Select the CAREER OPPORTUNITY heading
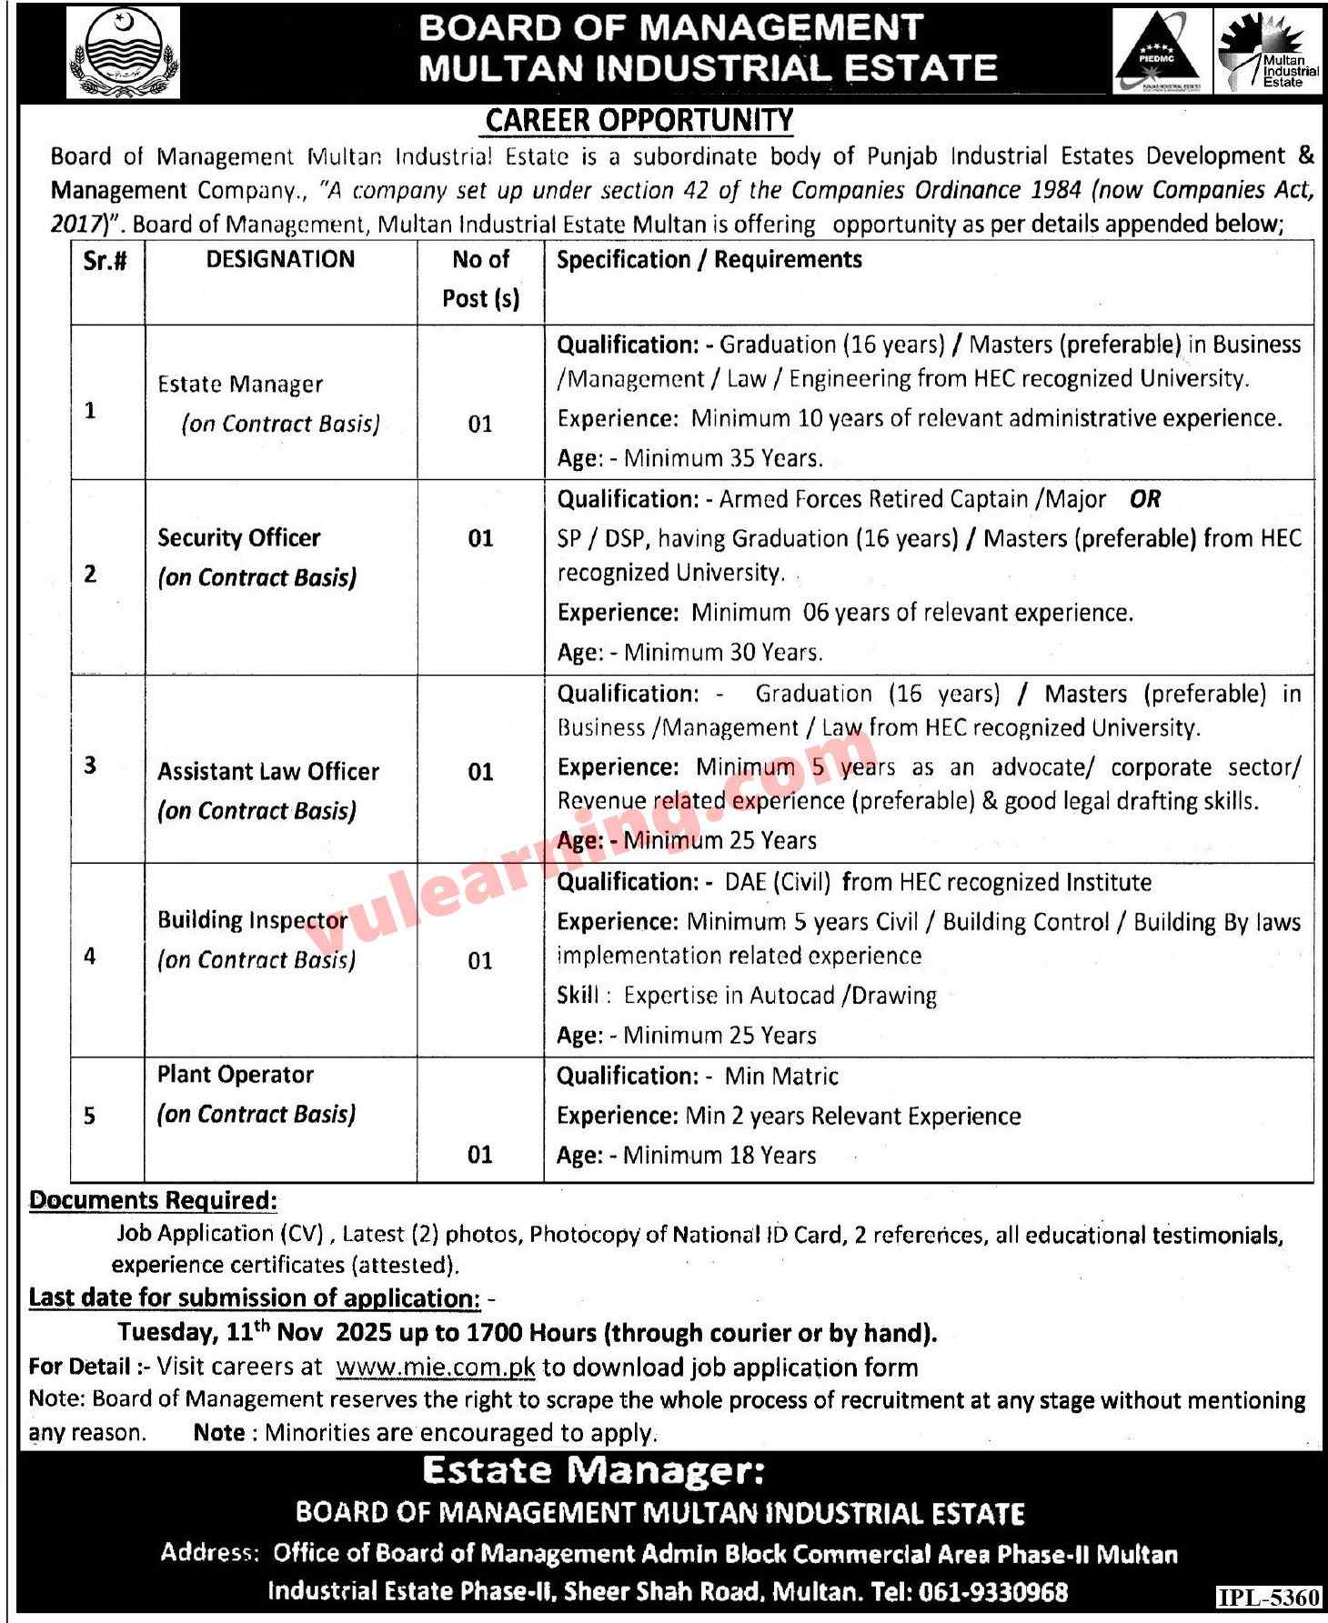tap(639, 120)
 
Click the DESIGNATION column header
tap(280, 260)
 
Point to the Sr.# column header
tap(106, 262)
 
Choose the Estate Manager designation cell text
tap(240, 385)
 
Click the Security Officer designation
tap(239, 538)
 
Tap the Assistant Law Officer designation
tap(268, 772)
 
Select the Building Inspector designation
tap(252, 920)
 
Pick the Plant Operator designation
tap(236, 1075)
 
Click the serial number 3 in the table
tap(90, 765)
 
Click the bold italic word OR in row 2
tap(1145, 499)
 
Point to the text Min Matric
tap(781, 1077)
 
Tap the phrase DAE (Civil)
tap(778, 882)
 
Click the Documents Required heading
tap(154, 1200)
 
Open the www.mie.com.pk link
tap(436, 1368)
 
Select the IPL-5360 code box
tap(1269, 1598)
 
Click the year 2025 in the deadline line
tap(365, 1334)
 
